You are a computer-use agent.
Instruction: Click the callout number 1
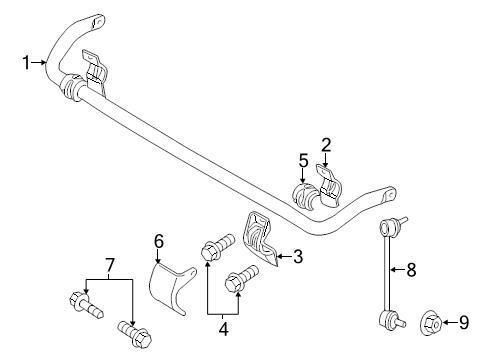[27, 64]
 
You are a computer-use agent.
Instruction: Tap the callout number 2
[326, 145]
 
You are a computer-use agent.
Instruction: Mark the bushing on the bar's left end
[71, 87]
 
